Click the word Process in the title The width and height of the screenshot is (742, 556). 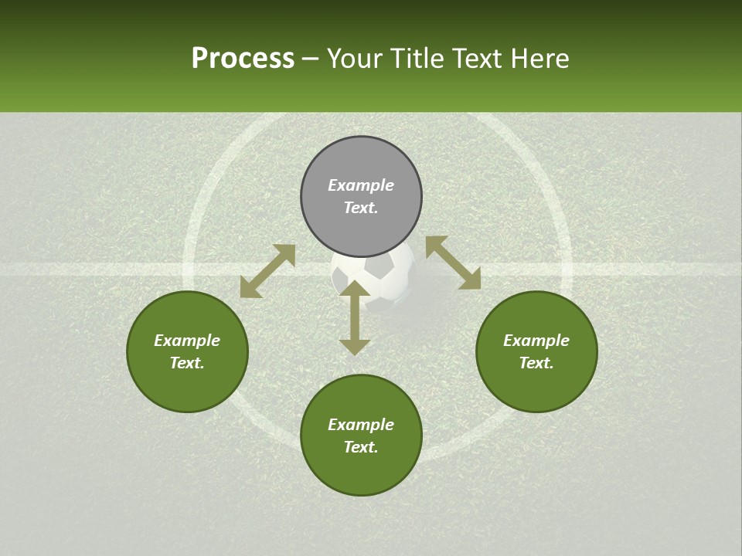point(243,59)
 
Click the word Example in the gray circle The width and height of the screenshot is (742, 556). point(361,185)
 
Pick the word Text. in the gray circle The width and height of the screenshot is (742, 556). point(361,208)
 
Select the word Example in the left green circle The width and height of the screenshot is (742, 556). point(187,341)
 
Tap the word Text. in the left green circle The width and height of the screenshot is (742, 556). point(187,363)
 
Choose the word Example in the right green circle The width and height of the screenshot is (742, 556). point(536,341)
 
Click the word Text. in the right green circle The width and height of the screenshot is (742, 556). point(536,363)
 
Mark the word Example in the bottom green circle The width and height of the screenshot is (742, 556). point(361,425)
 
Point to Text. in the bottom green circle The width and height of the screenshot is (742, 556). point(361,447)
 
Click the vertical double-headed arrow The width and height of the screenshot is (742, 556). point(355,317)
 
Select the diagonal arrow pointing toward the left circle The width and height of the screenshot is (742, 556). point(267,271)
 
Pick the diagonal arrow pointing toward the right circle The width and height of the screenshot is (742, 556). point(453,263)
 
